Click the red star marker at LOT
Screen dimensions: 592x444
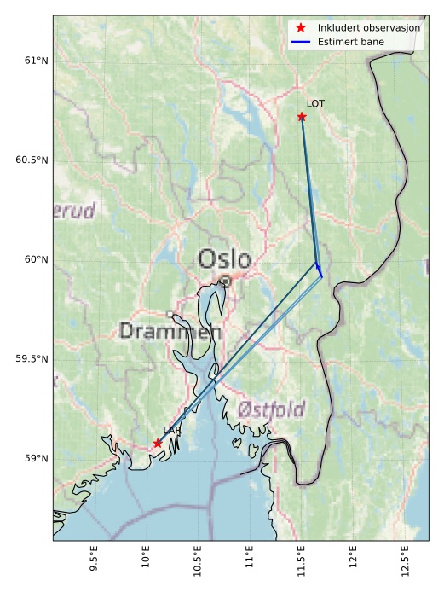pyautogui.click(x=302, y=117)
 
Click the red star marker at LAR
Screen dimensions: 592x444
pyautogui.click(x=158, y=443)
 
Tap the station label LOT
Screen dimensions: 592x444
pyautogui.click(x=315, y=103)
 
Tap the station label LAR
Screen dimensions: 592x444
pyautogui.click(x=171, y=431)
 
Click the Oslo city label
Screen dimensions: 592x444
pyautogui.click(x=224, y=259)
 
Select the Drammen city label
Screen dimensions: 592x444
pyautogui.click(x=170, y=331)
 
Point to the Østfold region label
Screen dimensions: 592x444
pyautogui.click(x=271, y=409)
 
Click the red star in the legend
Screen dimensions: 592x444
pyautogui.click(x=301, y=28)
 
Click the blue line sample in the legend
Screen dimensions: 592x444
pyautogui.click(x=301, y=41)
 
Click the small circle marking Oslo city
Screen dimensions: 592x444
pyautogui.click(x=224, y=280)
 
